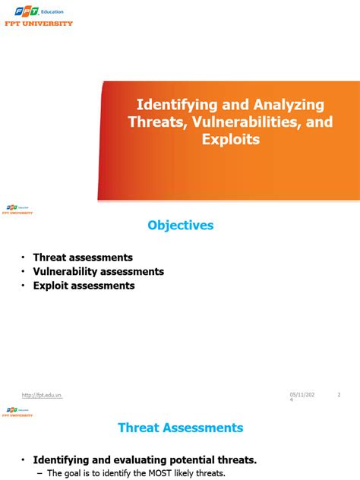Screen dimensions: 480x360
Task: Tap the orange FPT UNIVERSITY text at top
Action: tap(37, 24)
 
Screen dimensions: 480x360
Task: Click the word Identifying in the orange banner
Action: tap(172, 104)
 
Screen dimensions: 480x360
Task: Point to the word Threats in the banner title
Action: tap(155, 122)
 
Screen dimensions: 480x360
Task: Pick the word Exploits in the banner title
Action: tap(230, 140)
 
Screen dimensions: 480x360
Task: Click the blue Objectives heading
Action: tap(180, 225)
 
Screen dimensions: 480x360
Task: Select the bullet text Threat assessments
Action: tap(83, 257)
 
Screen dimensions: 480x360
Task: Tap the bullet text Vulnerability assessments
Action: tap(98, 271)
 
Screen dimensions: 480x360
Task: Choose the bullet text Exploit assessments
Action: tap(84, 286)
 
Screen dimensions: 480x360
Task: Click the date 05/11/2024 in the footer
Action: tap(300, 396)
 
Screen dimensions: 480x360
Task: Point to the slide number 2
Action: tap(339, 393)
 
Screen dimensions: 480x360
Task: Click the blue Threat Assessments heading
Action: tap(180, 428)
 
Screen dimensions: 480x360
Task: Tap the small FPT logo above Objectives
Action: tap(18, 209)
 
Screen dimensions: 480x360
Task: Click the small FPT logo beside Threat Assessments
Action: tap(18, 412)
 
